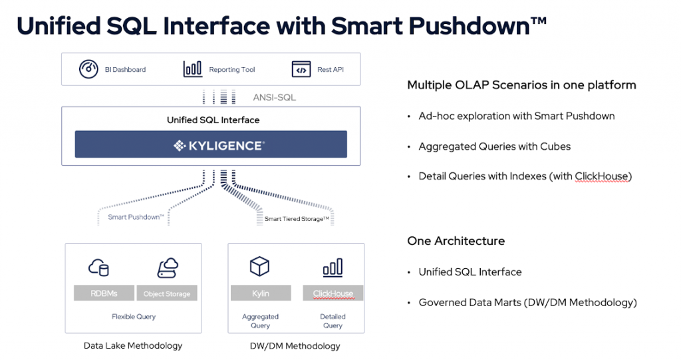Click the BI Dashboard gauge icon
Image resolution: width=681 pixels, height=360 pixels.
pos(88,69)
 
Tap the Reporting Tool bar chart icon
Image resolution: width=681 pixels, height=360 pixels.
pos(192,69)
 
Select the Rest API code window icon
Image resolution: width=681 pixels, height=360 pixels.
pos(301,69)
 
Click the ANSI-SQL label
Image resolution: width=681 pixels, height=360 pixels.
pos(275,97)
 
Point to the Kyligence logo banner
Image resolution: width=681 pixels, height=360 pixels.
pos(211,144)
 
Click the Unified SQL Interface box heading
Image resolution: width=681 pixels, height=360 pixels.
pos(213,120)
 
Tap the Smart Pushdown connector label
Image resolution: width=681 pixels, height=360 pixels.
pos(136,217)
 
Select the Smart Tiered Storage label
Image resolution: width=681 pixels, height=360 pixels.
pos(297,219)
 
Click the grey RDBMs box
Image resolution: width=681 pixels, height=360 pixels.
pos(104,293)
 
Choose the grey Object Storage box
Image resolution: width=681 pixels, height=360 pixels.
pos(167,293)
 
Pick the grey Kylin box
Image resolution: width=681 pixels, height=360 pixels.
pos(261,293)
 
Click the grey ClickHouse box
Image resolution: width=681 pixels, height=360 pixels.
pos(333,293)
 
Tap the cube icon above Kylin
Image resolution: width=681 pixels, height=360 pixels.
pos(260,266)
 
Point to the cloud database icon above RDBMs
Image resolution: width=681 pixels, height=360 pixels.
pos(98,268)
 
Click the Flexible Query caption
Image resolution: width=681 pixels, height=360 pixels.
pos(133,317)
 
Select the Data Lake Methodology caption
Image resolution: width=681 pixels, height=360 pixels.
pos(133,345)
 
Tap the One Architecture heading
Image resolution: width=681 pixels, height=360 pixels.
pos(456,241)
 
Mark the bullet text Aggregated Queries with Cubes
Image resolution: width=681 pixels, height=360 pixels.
pos(495,146)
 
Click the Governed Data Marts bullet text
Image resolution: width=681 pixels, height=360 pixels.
pos(527,302)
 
